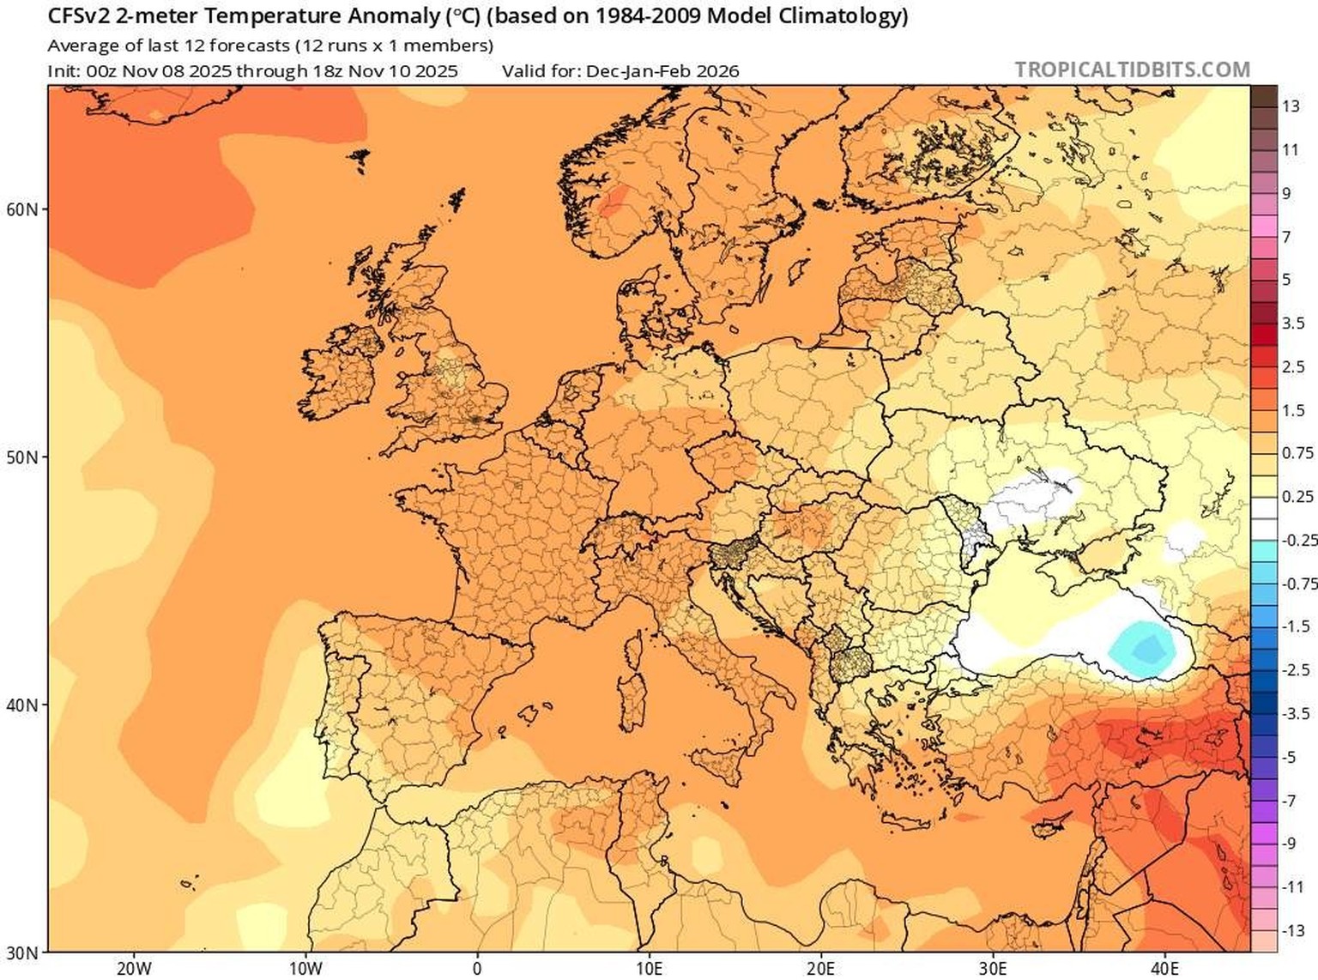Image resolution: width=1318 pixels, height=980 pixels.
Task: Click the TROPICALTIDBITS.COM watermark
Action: pos(1132,70)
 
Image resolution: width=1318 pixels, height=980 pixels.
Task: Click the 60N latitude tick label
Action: pos(21,209)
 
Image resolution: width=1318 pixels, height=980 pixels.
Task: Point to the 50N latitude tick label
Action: pos(21,457)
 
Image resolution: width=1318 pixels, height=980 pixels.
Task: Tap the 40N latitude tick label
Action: pos(21,705)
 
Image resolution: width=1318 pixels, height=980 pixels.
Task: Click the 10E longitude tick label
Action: pos(649,969)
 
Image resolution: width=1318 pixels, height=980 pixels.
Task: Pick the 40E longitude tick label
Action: pos(1164,969)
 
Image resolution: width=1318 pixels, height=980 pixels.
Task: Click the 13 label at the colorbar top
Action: pos(1291,106)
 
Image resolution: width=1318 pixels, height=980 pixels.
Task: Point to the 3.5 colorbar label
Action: pos(1293,324)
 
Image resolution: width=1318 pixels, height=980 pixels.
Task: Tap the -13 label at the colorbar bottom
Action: pos(1293,931)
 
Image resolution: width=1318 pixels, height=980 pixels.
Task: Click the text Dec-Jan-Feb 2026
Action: pos(662,71)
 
